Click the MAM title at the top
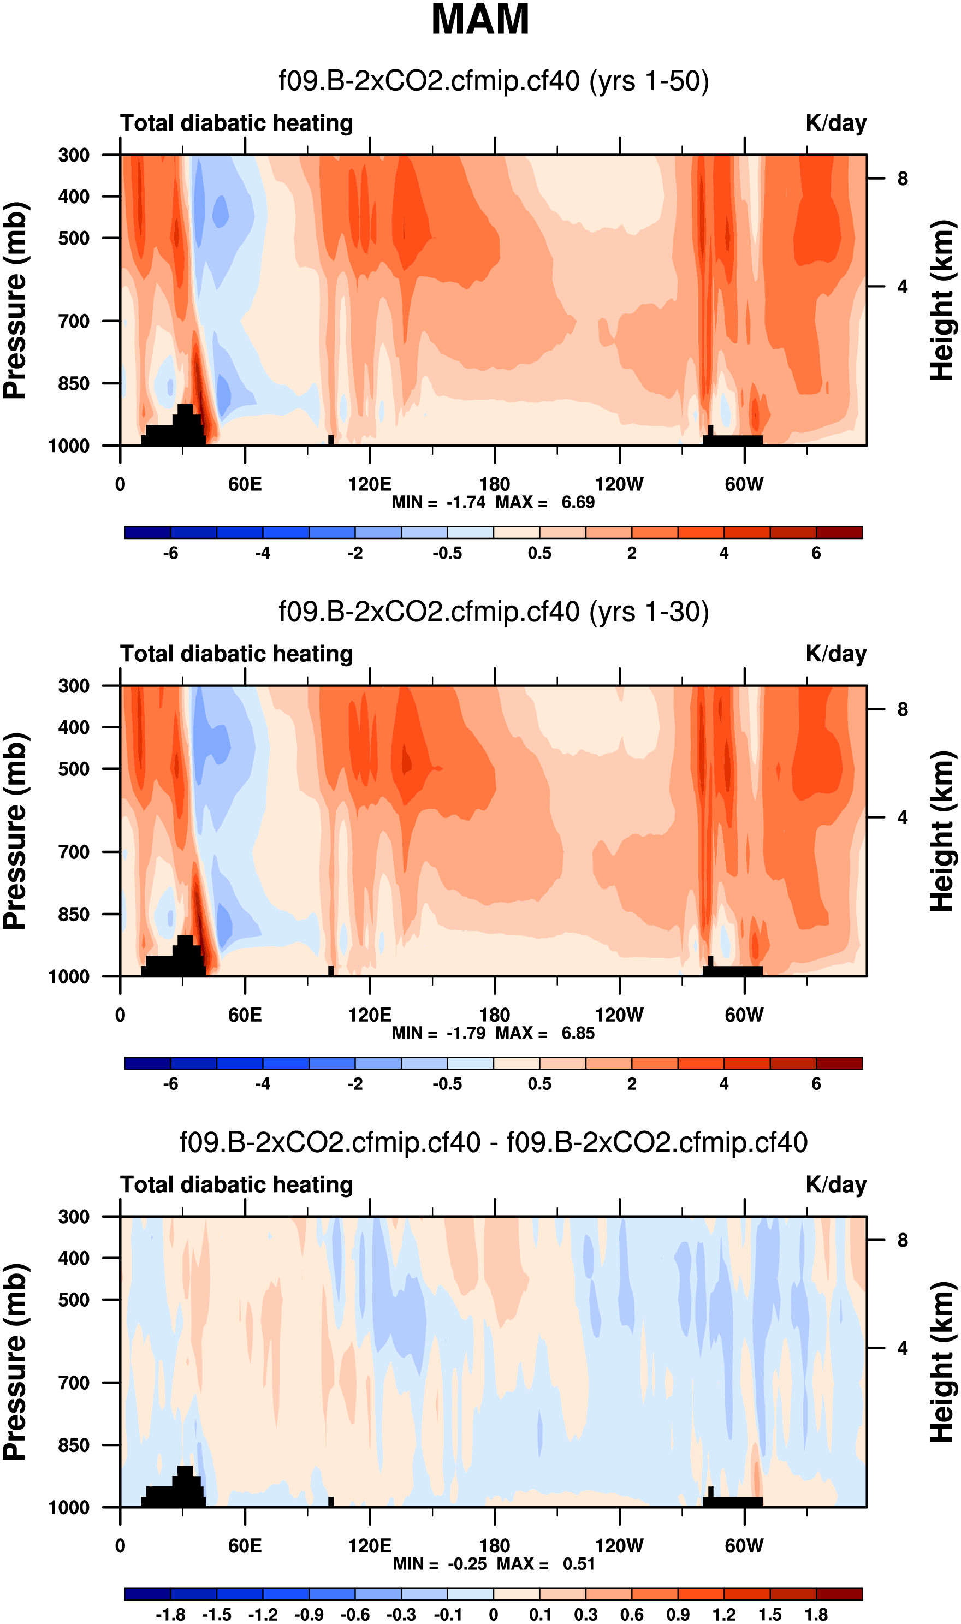480,20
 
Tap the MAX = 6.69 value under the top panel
545,502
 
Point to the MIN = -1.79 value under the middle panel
438,1033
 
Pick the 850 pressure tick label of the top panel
74,383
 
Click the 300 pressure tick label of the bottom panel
74,1216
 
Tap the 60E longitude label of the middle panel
245,1015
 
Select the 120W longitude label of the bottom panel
619,1546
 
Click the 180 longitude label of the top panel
495,484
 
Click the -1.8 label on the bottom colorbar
170,1614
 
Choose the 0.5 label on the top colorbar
539,553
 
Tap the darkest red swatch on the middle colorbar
839,1063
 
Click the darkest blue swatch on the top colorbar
147,532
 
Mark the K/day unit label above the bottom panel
836,1184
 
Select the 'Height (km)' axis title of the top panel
943,300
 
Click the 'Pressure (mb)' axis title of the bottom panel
15,1361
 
